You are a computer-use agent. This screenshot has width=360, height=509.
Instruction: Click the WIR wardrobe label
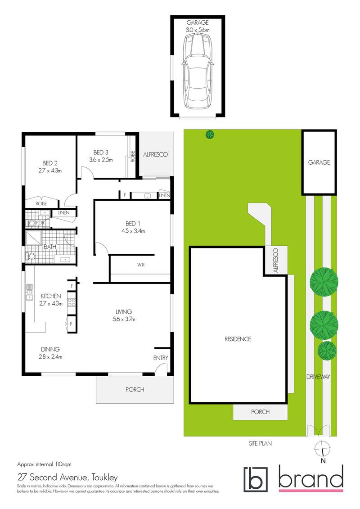(x=140, y=265)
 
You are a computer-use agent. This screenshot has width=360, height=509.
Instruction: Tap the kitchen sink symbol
(x=30, y=292)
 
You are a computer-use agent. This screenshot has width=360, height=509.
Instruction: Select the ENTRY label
(x=160, y=358)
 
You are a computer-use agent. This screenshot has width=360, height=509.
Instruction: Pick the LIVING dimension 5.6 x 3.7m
(x=123, y=320)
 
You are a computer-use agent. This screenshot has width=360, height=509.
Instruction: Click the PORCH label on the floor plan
(x=135, y=389)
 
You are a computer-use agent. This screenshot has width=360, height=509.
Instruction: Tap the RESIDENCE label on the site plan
(x=238, y=339)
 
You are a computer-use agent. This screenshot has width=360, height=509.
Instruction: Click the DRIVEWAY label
(x=319, y=377)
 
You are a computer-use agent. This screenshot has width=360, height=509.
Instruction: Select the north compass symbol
(x=323, y=448)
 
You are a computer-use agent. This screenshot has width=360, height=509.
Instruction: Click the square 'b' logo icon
(x=255, y=479)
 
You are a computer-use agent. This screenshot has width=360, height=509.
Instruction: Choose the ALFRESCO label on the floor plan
(x=155, y=154)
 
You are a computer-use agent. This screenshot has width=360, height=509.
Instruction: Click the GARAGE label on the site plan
(x=319, y=162)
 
